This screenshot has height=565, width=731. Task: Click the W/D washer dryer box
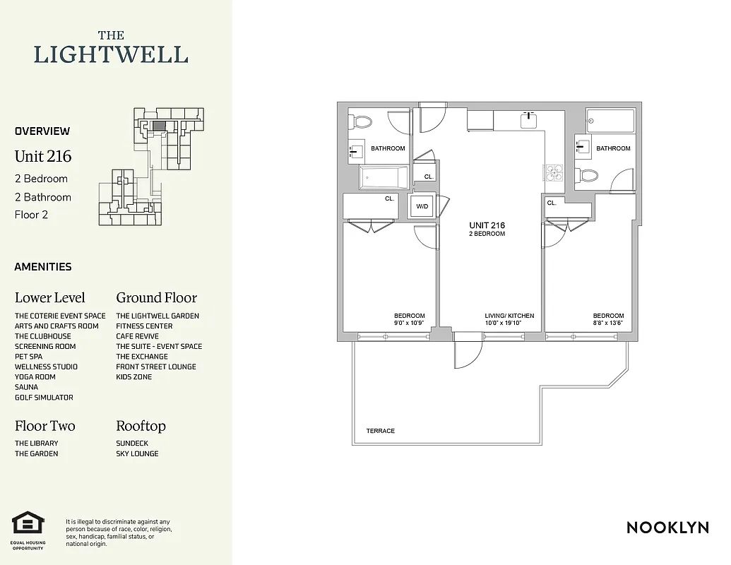point(422,207)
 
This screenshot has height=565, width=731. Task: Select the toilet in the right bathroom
point(588,175)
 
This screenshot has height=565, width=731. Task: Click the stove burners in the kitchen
point(551,170)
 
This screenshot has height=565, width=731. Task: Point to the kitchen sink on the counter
point(530,120)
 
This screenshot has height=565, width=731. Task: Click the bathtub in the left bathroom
point(384,177)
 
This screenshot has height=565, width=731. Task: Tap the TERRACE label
point(380,431)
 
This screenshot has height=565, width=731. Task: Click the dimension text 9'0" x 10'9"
point(409,323)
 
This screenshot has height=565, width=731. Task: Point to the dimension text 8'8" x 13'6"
point(608,323)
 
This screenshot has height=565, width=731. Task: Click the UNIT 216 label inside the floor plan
point(487,225)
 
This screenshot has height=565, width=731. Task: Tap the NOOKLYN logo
point(667,528)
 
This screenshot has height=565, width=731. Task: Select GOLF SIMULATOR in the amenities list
point(44,398)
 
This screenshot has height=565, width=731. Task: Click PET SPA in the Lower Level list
point(28,357)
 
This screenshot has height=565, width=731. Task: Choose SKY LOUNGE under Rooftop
point(137,453)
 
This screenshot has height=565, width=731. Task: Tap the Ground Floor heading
point(156,297)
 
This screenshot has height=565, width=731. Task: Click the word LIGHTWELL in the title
point(111,54)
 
